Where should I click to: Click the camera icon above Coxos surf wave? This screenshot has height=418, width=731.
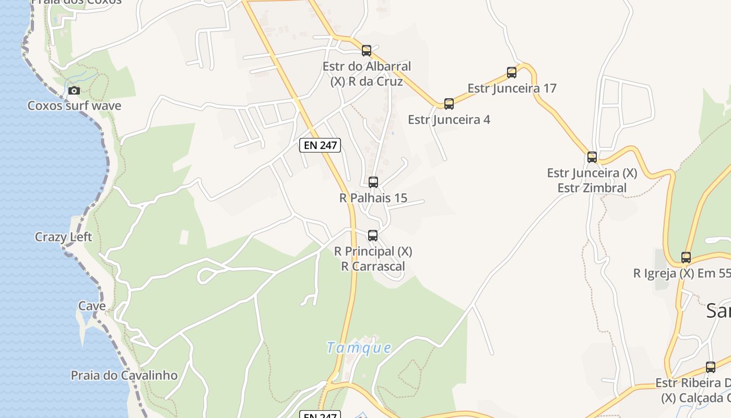(x=74, y=90)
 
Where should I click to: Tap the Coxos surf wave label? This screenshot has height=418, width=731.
(x=74, y=106)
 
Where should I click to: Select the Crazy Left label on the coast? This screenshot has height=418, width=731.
(x=63, y=237)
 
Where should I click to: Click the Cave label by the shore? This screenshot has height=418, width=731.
(x=92, y=306)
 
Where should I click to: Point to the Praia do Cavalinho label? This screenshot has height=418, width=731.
(x=124, y=375)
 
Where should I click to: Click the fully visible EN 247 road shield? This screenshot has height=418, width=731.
(x=320, y=145)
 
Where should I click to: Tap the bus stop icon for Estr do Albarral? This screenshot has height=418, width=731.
(x=367, y=51)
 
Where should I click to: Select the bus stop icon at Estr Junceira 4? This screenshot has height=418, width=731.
(x=449, y=104)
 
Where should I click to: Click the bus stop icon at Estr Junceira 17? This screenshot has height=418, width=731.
(x=512, y=73)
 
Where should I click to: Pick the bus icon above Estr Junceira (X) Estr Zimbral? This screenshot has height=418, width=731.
(x=592, y=157)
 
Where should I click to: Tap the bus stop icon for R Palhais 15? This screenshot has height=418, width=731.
(x=373, y=182)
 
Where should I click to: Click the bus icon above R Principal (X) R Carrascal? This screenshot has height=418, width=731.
(x=373, y=236)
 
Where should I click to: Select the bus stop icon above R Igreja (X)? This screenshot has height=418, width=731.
(x=686, y=258)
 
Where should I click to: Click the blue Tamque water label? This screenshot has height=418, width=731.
(x=359, y=347)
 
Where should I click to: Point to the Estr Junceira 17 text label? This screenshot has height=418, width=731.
(x=512, y=88)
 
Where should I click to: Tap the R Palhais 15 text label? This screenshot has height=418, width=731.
(x=373, y=198)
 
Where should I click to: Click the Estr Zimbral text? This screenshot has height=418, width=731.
(x=592, y=188)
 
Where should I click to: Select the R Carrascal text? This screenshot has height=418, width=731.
(x=373, y=266)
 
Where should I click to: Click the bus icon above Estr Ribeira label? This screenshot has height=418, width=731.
(x=711, y=367)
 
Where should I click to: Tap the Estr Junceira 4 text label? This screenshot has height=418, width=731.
(x=449, y=120)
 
